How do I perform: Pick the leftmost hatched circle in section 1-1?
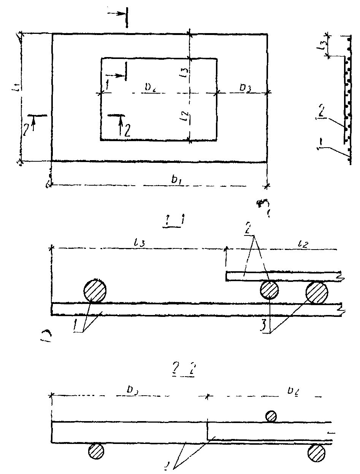pos(94,291)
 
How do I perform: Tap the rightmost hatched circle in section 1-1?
pos(317,292)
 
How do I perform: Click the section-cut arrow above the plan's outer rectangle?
pos(119,13)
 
